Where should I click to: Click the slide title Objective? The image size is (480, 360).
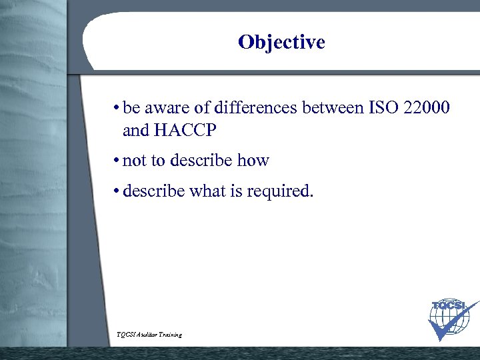click(x=281, y=43)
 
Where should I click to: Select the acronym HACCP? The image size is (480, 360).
click(x=184, y=131)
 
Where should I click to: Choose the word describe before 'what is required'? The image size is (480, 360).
click(x=154, y=192)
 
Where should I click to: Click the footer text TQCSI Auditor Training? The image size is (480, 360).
click(x=149, y=335)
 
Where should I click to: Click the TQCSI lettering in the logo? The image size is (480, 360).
click(x=447, y=306)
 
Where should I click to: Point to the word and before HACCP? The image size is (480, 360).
click(x=136, y=131)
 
